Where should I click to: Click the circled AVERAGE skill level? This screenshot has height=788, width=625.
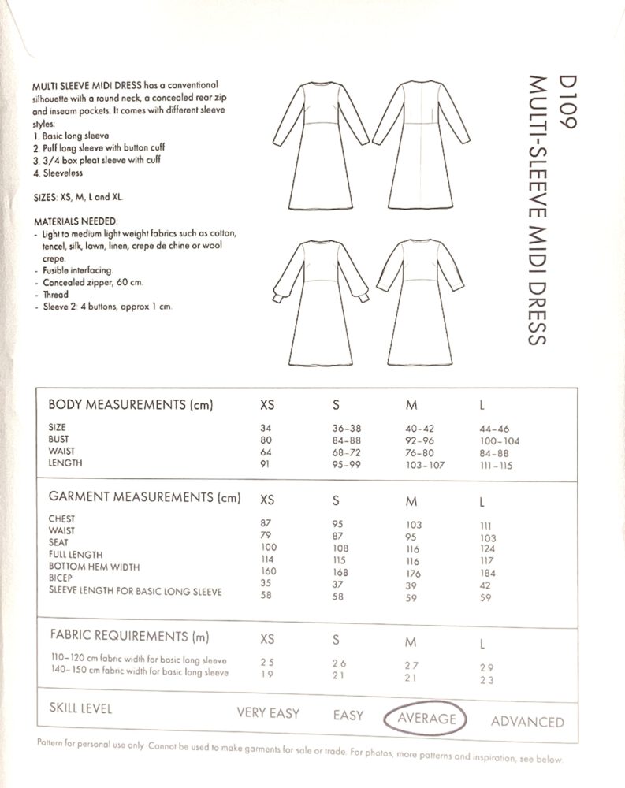(x=426, y=718)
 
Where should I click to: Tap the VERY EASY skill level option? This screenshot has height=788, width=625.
(x=268, y=713)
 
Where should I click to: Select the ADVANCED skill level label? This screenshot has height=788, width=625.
(x=527, y=721)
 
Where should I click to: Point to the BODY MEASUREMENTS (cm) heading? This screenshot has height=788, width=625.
(x=132, y=406)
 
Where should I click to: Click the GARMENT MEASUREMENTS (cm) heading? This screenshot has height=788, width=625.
(x=143, y=497)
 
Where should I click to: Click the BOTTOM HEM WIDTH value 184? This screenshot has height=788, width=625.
(x=487, y=574)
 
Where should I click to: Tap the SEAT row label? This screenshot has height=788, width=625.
(x=58, y=542)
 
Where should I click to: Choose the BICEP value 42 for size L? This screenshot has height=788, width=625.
(x=485, y=586)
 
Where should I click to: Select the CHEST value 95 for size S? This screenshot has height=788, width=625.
(x=340, y=525)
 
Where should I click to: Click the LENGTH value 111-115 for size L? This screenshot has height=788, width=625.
(x=495, y=466)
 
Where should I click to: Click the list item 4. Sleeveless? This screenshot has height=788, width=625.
(x=58, y=173)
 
